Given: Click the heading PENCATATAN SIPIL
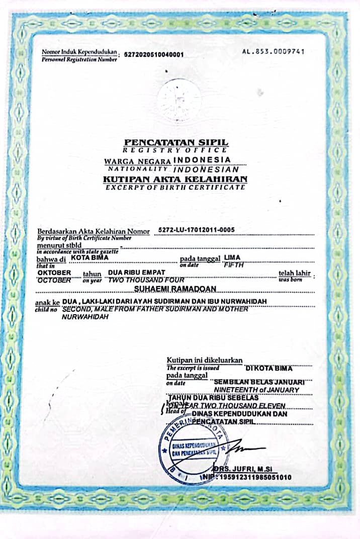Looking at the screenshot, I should pos(176,143).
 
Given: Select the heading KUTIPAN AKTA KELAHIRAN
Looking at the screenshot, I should pos(175,179).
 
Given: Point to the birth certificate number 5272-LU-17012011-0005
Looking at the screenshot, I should pos(196,230).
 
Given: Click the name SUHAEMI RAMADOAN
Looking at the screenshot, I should pos(175,289).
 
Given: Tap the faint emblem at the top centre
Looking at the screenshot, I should pos(178,100).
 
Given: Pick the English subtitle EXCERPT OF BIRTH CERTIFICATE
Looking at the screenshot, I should pos(175,187).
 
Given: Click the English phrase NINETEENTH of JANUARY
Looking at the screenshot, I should pos(256,390).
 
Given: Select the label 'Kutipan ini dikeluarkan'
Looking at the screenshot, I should pos(205,360).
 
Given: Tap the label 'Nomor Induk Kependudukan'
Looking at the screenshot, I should pos(79,52).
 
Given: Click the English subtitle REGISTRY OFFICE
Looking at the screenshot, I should pos(175,150).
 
